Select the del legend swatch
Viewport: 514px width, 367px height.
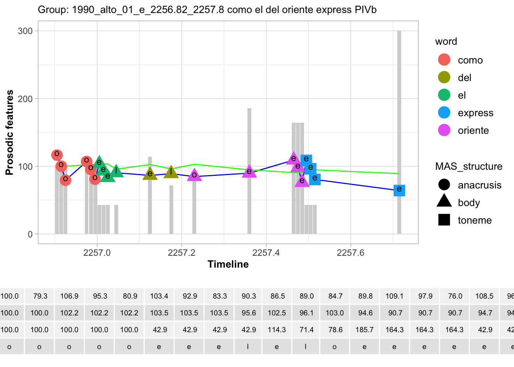[x=444, y=78]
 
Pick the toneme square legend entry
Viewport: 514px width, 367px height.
[x=444, y=220]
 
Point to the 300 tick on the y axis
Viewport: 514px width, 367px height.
[x=25, y=31]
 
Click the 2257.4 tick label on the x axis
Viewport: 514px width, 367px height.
[x=266, y=253]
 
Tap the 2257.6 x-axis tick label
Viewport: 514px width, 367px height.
[x=350, y=253]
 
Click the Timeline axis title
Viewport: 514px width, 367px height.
[x=228, y=264]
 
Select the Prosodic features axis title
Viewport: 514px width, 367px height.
[x=10, y=132]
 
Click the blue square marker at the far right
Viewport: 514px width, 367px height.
[x=399, y=190]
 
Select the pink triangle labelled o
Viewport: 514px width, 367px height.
[x=194, y=175]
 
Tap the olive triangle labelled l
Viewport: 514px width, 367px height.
[x=171, y=172]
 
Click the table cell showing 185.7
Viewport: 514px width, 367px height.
[x=364, y=330]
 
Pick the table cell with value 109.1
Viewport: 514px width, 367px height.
[x=394, y=296]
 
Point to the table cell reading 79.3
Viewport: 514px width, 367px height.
[x=40, y=296]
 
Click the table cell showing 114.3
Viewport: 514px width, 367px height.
[x=277, y=330]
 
